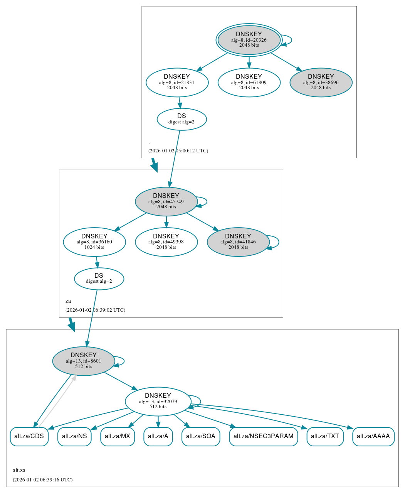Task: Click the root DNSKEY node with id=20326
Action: (x=249, y=40)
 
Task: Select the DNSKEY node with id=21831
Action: (x=177, y=82)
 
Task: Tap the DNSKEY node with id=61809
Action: (x=249, y=82)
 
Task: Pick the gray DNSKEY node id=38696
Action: (x=321, y=82)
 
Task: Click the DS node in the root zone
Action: (x=181, y=119)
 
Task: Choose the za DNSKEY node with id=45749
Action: (x=166, y=201)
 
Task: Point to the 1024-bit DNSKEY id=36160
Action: (x=94, y=242)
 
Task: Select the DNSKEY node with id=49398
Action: (x=166, y=242)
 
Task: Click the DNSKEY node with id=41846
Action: (x=238, y=242)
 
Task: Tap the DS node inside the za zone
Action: (x=99, y=279)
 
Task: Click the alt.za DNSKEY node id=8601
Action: (x=84, y=361)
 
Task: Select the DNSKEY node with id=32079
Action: (x=158, y=401)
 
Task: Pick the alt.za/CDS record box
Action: (x=29, y=436)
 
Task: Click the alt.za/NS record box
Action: (x=74, y=436)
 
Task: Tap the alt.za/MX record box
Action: (x=118, y=436)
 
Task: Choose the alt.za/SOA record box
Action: (x=201, y=436)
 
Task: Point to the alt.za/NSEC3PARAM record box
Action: (x=263, y=436)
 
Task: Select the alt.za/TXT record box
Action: (x=325, y=436)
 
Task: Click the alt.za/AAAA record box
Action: (x=373, y=436)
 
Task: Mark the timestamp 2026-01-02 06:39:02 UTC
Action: (x=95, y=310)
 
